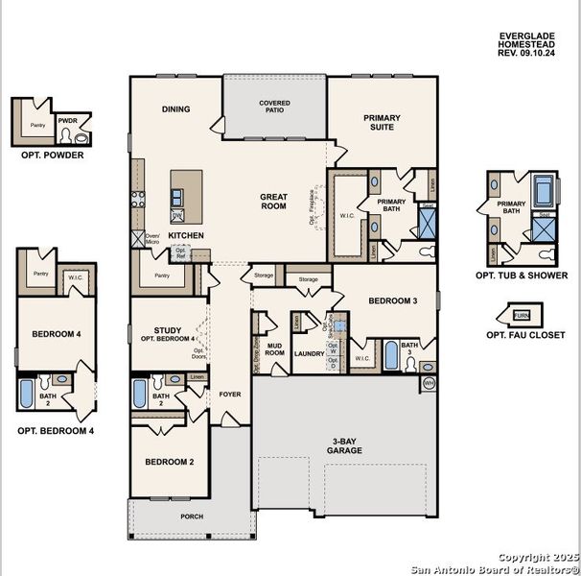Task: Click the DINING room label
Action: click(176, 109)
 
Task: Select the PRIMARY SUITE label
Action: click(382, 123)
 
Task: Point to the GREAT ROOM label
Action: click(274, 201)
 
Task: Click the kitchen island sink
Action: click(177, 197)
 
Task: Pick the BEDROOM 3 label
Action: click(393, 300)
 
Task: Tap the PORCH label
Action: click(192, 516)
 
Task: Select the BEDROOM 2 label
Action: click(170, 462)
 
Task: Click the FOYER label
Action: click(230, 394)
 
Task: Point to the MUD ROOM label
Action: click(275, 349)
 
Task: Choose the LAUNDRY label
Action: click(309, 353)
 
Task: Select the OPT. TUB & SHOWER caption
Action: click(521, 275)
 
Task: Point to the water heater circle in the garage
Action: click(429, 384)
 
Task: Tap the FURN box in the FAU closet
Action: click(522, 315)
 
